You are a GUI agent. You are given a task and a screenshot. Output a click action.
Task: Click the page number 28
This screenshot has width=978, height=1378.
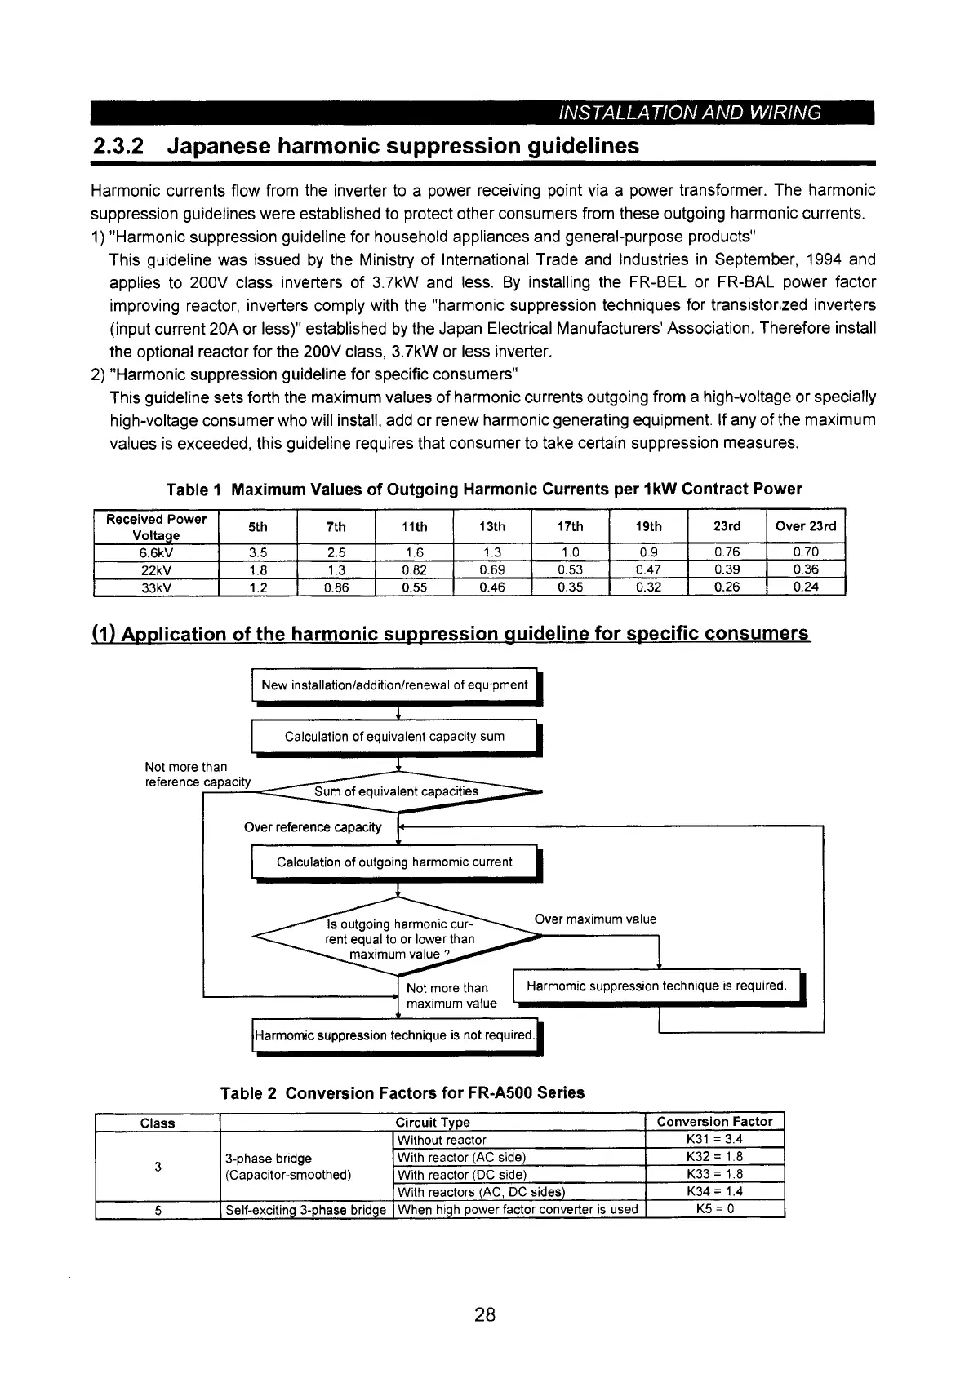[x=485, y=1314]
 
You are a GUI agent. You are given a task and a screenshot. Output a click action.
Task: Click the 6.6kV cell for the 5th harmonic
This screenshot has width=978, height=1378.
[x=257, y=552]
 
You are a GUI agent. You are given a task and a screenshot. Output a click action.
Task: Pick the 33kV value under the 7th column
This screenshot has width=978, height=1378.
[x=336, y=587]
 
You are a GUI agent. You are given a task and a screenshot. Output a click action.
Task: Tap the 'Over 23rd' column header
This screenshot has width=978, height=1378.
[x=806, y=526]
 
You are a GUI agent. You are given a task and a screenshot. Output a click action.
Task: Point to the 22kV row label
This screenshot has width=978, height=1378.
[x=155, y=569]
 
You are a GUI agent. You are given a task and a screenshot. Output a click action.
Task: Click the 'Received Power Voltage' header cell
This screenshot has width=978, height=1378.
[x=155, y=527]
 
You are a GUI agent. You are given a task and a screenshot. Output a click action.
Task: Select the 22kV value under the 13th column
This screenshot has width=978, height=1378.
[x=491, y=569]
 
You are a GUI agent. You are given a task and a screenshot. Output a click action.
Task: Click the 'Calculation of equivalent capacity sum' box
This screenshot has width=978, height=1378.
[x=394, y=737]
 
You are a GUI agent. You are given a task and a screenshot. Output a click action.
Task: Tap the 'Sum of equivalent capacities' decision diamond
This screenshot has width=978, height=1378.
[x=397, y=791]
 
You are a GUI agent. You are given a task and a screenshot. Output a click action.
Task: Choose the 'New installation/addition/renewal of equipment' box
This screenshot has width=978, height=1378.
[x=394, y=685]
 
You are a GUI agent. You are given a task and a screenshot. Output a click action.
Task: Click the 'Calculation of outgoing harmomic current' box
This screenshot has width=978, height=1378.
[x=394, y=862]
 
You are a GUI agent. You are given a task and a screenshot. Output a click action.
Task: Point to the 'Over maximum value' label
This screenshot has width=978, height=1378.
[x=595, y=919]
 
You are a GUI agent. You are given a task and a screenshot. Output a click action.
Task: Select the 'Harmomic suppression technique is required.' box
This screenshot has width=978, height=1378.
[x=656, y=986]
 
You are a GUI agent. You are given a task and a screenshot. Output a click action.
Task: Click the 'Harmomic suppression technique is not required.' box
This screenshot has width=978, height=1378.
[x=394, y=1036]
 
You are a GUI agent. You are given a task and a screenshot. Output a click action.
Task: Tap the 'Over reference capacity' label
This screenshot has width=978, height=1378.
[x=313, y=827]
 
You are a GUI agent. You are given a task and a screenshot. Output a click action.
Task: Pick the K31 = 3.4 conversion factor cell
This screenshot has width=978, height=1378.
[x=714, y=1140]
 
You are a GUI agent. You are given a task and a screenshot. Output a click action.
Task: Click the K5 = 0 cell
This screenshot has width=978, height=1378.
[x=714, y=1209]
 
